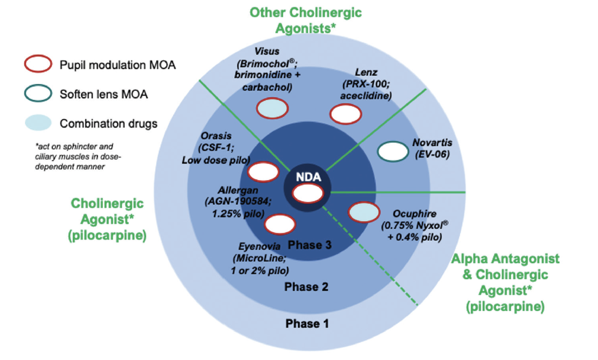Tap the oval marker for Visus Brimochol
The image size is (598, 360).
click(x=272, y=108)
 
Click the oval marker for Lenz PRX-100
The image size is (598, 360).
click(x=346, y=114)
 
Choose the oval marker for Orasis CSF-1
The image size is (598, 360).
click(x=263, y=172)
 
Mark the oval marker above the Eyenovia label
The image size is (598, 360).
click(x=279, y=224)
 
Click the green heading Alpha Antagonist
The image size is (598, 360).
click(x=505, y=259)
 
